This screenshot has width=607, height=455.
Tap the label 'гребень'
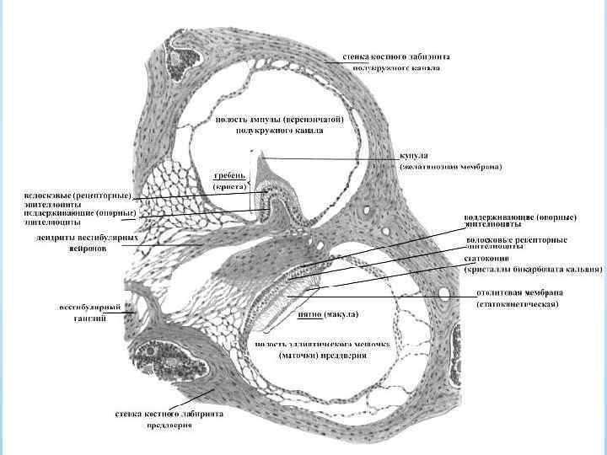(x=228, y=174)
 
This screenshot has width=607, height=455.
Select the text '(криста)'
(x=228, y=185)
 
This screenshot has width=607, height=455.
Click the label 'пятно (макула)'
(x=330, y=314)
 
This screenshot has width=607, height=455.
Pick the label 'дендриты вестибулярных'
(x=71, y=238)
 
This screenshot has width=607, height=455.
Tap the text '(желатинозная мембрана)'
(x=450, y=167)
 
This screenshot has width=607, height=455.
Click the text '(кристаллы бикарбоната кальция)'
(x=533, y=270)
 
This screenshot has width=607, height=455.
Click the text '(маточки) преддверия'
(x=323, y=355)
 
